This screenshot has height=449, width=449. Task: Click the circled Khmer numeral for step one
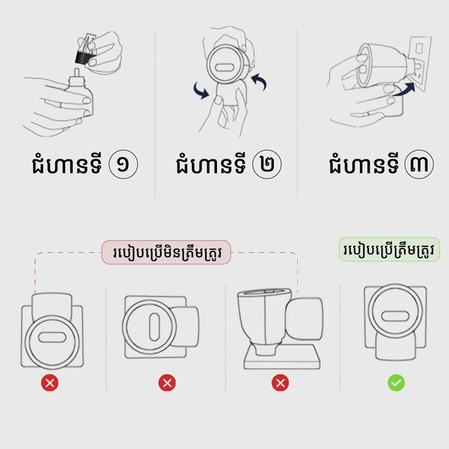(x=123, y=165)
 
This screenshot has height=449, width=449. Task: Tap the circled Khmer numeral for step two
(x=267, y=165)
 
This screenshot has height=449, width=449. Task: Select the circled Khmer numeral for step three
(x=419, y=165)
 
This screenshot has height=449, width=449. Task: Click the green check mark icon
(x=397, y=383)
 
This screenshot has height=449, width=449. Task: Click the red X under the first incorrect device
(x=49, y=383)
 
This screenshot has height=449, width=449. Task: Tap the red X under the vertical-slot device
(x=167, y=383)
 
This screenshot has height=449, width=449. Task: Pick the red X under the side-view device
(x=280, y=383)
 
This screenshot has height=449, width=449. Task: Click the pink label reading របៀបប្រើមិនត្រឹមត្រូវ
(x=166, y=252)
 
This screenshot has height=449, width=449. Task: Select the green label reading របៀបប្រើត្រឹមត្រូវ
(x=389, y=249)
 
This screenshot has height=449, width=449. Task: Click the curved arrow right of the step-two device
(x=259, y=82)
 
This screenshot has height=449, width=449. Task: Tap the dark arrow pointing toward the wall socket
(x=404, y=89)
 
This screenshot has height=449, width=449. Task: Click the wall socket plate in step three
(x=421, y=63)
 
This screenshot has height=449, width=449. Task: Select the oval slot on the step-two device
(x=225, y=67)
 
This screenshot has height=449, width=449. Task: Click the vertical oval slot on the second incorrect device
(x=154, y=327)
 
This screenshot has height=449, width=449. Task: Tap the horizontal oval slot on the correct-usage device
(x=395, y=317)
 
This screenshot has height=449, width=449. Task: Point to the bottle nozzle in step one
(x=76, y=73)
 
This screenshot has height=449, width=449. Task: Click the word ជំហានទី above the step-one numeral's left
(x=67, y=165)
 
